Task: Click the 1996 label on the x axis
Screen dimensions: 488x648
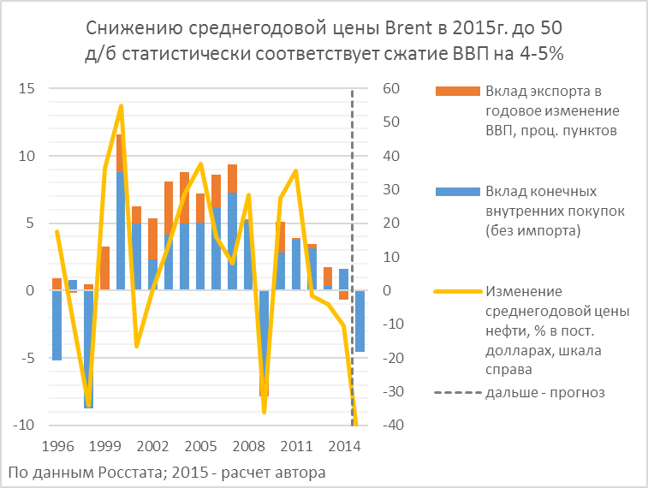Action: pos(56,446)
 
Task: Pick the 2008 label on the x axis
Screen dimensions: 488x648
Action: pos(248,446)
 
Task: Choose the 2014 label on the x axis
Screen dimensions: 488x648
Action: pos(344,446)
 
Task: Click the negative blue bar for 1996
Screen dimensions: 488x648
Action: pos(56,325)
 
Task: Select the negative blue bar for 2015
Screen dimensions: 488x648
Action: pos(360,321)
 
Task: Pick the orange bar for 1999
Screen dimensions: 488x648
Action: pos(104,268)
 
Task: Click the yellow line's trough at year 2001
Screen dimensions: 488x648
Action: pos(137,346)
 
